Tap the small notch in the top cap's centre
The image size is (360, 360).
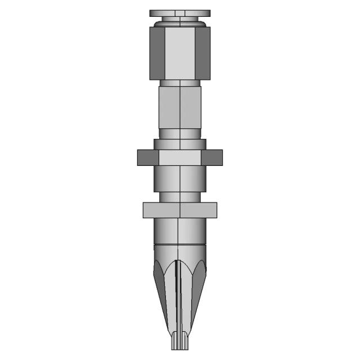180,12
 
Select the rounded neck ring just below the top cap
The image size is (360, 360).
180,23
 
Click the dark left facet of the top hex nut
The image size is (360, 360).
157,53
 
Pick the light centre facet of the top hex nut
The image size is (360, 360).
180,53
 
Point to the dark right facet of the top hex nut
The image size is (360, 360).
203,53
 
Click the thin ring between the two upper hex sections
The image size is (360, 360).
180,83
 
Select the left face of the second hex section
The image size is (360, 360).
169,107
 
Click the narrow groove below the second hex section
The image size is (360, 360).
180,134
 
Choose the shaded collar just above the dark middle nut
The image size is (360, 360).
180,144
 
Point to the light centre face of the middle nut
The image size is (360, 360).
180,157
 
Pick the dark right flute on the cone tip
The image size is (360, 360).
197,281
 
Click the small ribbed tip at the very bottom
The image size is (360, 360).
180,340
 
